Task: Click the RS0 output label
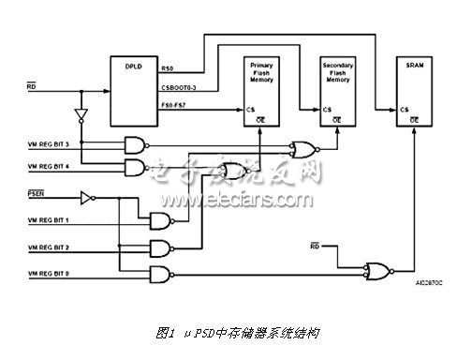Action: tap(168, 68)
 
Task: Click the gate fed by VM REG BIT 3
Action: tap(140, 143)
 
